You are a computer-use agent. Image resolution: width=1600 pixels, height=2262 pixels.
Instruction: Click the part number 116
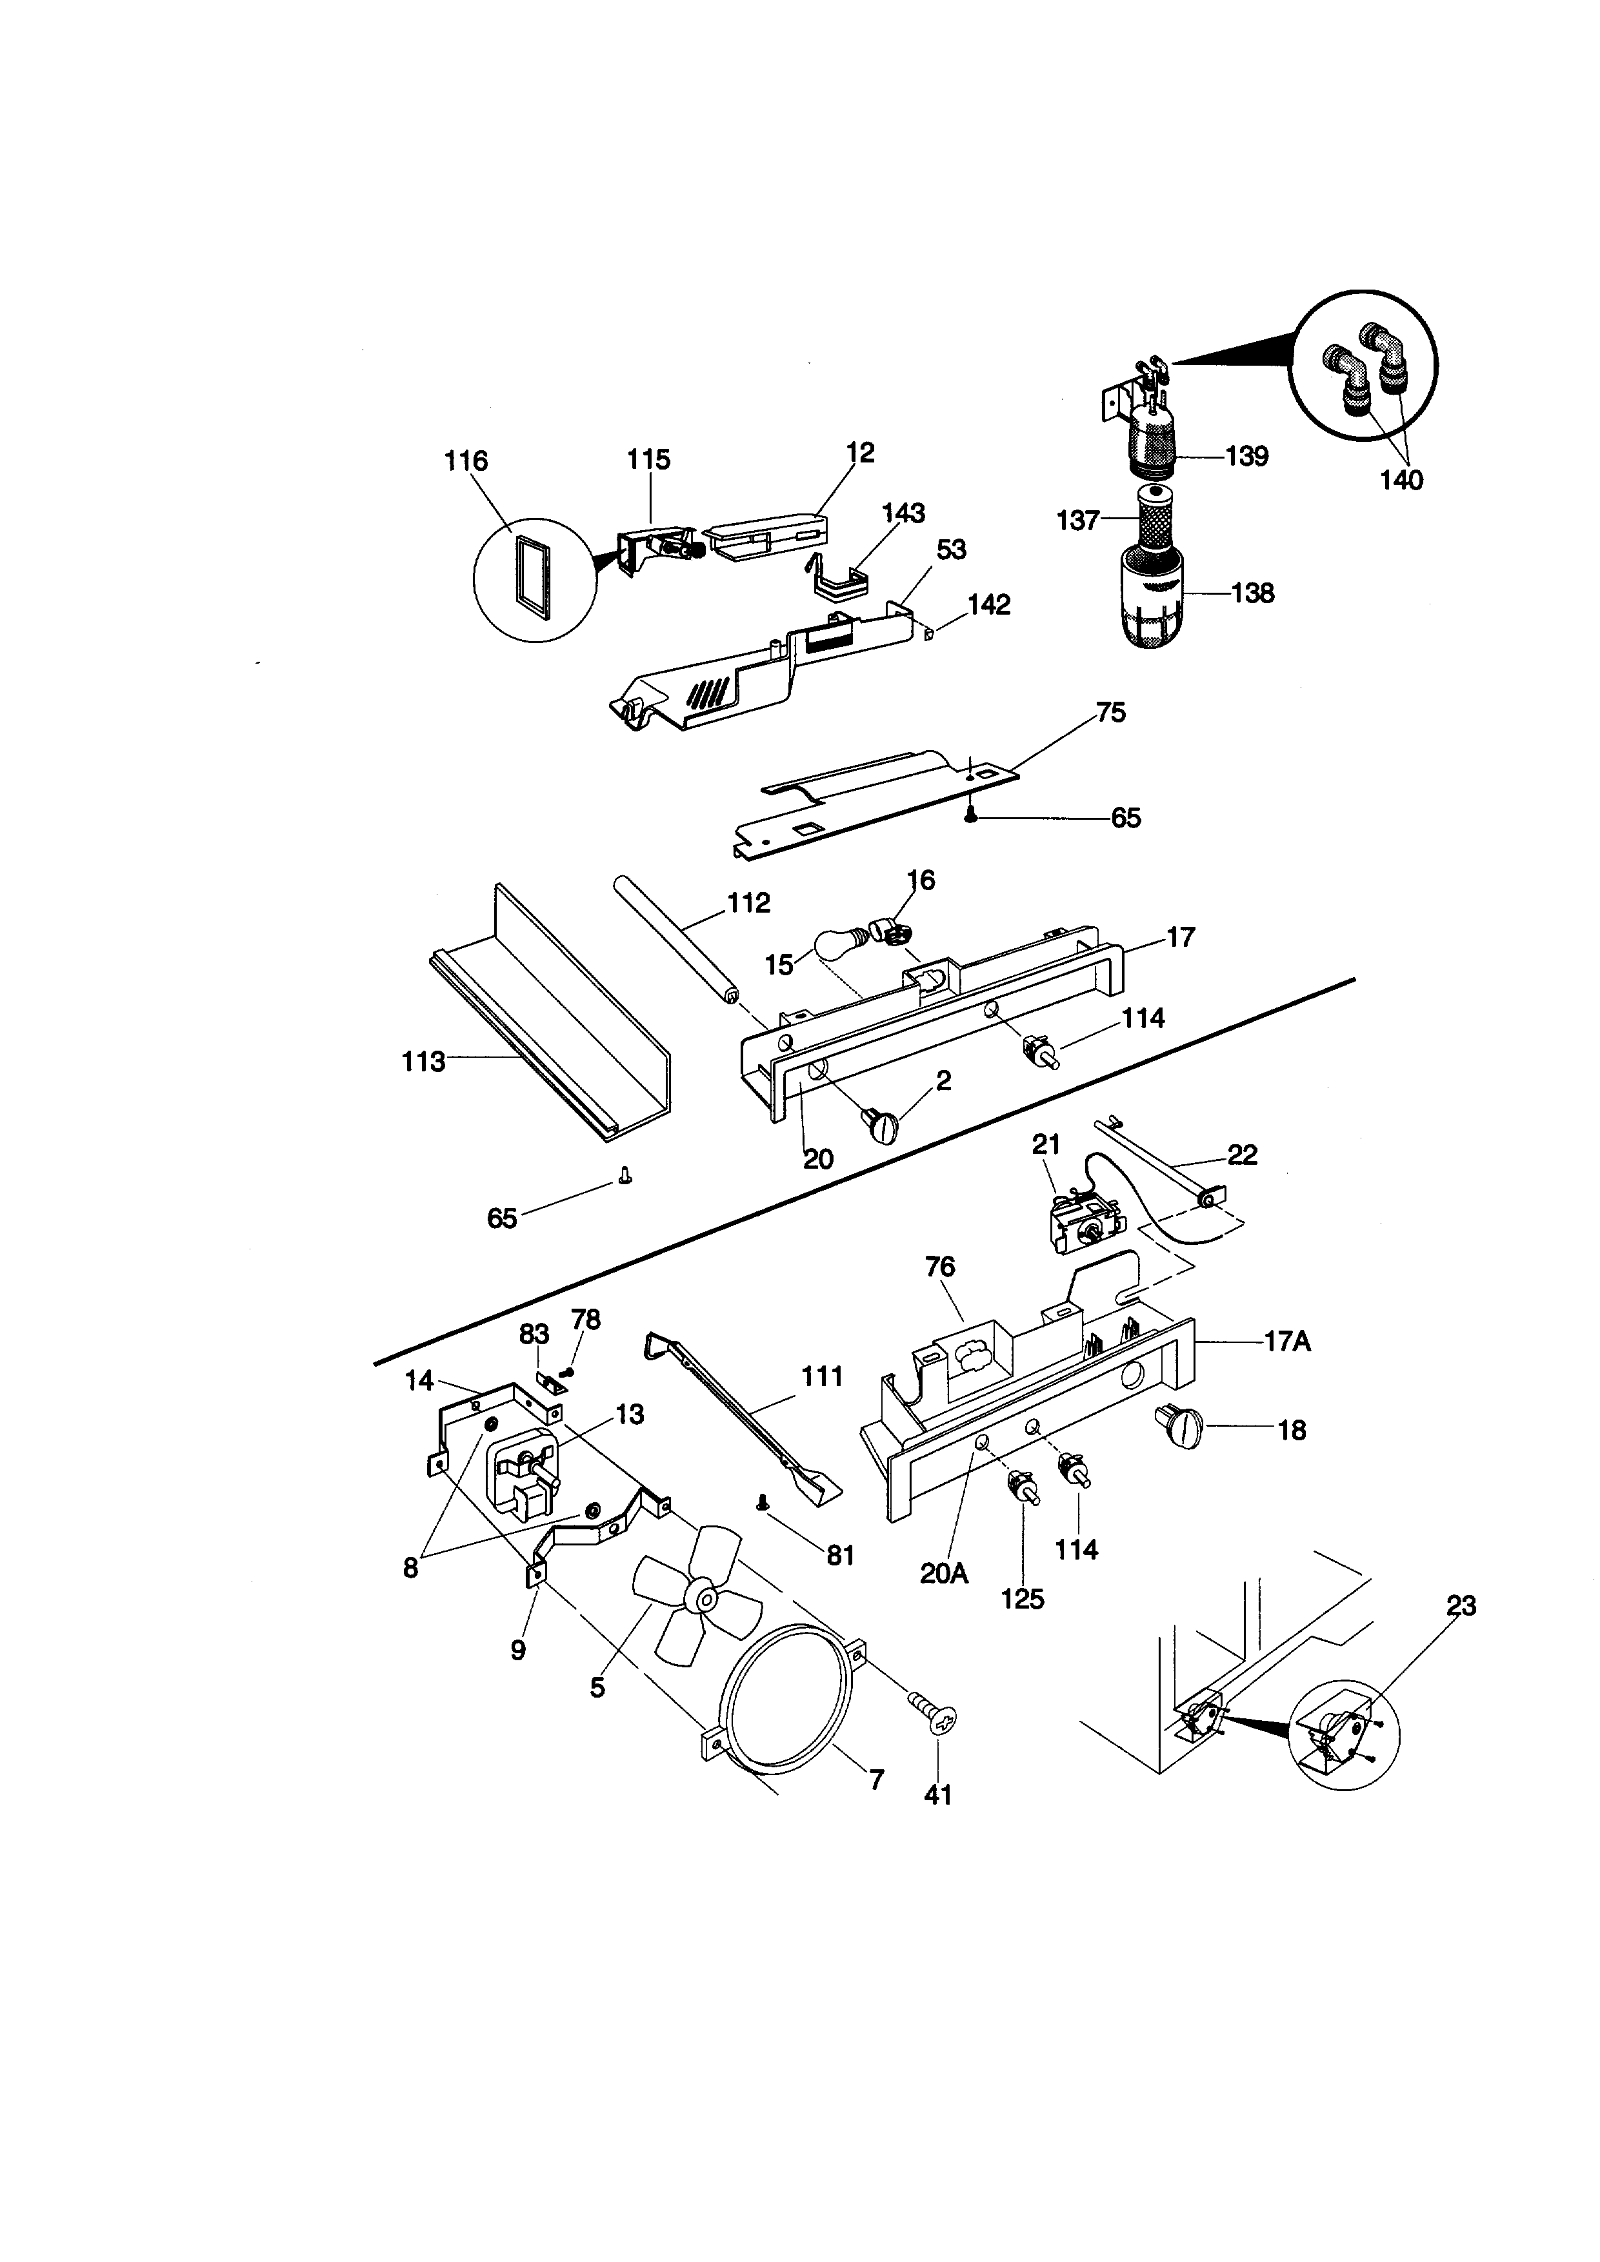(466, 461)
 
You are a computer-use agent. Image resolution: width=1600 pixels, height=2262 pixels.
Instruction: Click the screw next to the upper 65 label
(970, 814)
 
